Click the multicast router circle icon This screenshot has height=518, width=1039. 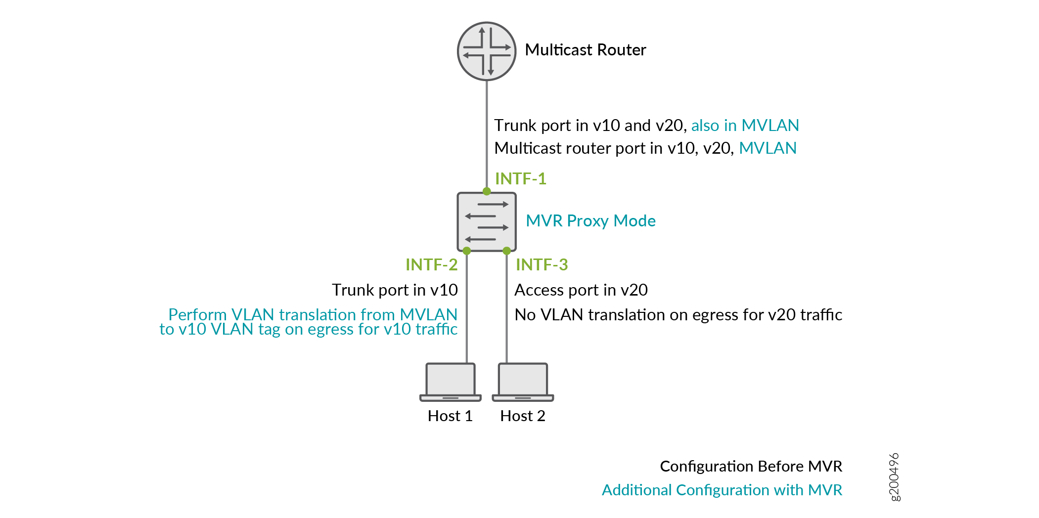tap(487, 51)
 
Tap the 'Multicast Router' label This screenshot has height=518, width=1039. tap(585, 50)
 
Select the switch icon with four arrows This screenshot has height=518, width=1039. tap(487, 221)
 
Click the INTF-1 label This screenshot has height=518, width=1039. tap(520, 178)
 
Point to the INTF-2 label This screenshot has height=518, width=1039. tap(431, 264)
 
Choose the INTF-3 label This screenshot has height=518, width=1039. tap(542, 264)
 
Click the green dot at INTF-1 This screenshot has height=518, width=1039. tap(487, 191)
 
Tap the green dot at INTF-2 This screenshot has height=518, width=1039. tap(466, 251)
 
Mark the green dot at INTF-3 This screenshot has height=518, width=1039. tap(506, 251)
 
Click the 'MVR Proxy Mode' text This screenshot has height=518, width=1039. tap(590, 220)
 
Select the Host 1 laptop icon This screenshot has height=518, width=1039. tap(450, 382)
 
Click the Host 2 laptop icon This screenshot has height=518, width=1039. tap(523, 382)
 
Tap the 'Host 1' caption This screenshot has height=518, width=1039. tap(450, 416)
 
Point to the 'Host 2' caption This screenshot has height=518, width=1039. tap(523, 416)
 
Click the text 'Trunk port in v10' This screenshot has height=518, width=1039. tap(395, 290)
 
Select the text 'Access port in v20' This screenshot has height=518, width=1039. tap(581, 290)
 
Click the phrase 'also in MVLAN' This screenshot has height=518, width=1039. tap(745, 125)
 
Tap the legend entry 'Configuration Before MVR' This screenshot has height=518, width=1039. tap(751, 466)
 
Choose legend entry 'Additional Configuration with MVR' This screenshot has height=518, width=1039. tap(722, 490)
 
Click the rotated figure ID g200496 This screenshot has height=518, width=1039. tap(894, 477)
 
